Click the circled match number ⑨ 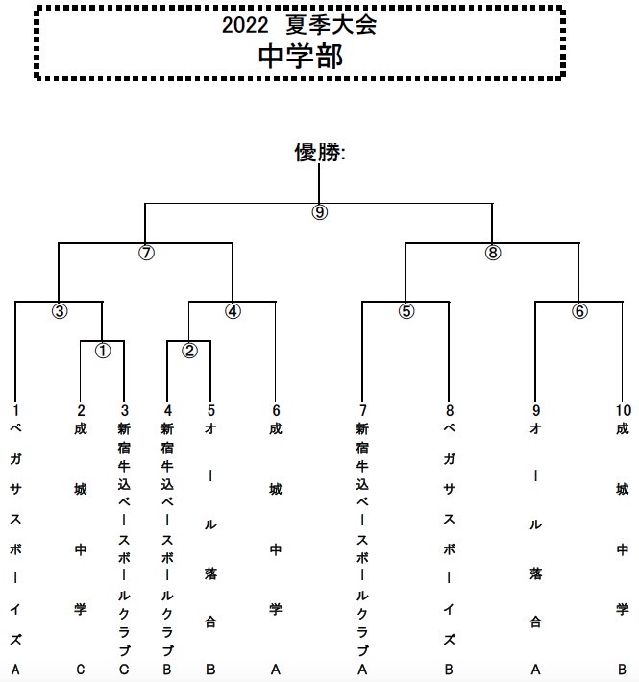click(x=319, y=212)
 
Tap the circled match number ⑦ click(x=146, y=253)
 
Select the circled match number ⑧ click(x=492, y=253)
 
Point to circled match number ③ click(x=60, y=311)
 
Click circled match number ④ click(x=233, y=311)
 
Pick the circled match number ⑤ click(x=406, y=311)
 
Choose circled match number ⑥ click(x=579, y=311)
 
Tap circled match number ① click(x=103, y=351)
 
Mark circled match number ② click(x=189, y=351)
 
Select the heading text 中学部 click(x=301, y=57)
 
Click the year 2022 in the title click(x=245, y=25)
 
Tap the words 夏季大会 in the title click(x=331, y=25)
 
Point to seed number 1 click(x=15, y=410)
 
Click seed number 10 click(x=623, y=410)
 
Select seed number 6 click(x=276, y=410)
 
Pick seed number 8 click(x=450, y=410)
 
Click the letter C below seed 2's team click(x=81, y=669)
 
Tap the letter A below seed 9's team click(x=535, y=669)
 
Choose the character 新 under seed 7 click(x=362, y=429)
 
